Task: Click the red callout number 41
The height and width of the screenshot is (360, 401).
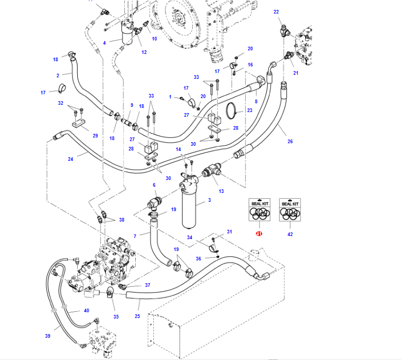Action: pos(259,234)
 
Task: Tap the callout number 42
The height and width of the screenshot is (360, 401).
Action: pos(290,234)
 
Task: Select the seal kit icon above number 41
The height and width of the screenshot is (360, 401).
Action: pos(259,210)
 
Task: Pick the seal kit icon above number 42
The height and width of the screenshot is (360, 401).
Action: pos(290,210)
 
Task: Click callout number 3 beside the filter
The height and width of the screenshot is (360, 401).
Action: pos(209,200)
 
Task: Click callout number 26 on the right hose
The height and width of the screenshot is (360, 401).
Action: pos(290,142)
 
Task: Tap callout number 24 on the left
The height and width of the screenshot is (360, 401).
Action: pos(70,159)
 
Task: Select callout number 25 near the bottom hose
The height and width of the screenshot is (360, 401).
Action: pos(137,316)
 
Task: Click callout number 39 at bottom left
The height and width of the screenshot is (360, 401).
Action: pos(48,336)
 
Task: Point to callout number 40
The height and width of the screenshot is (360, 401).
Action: pos(87,311)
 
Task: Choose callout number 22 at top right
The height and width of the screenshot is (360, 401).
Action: pos(276,11)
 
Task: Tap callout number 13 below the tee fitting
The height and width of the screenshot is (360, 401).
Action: pos(221,191)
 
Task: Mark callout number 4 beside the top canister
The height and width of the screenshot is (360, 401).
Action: pos(104,42)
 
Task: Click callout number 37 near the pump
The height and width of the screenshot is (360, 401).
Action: pos(147,285)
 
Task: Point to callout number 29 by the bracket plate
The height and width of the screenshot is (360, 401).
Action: pos(95,136)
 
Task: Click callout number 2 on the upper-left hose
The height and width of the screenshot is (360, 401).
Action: pos(58,76)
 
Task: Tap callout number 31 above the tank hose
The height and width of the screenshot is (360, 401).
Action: pos(230,231)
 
